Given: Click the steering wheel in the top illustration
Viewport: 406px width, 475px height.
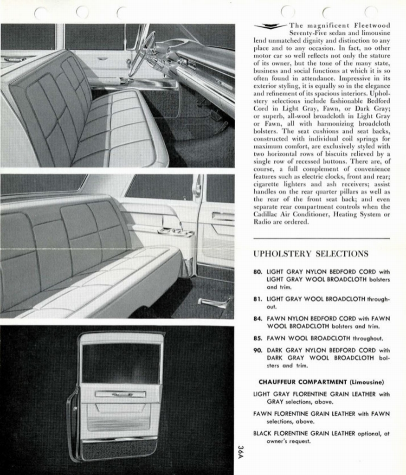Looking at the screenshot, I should (142, 53).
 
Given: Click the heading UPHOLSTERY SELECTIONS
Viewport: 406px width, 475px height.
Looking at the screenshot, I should (311, 254).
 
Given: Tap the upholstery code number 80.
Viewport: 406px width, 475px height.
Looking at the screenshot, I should (258, 271).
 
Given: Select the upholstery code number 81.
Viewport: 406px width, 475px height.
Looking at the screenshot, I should (258, 299).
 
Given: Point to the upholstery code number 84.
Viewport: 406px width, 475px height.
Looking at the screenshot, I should (258, 319).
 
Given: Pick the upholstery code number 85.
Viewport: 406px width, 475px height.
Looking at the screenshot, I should (258, 338).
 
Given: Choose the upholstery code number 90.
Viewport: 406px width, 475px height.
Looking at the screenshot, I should (258, 350).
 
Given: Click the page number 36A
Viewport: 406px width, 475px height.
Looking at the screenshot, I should (240, 452).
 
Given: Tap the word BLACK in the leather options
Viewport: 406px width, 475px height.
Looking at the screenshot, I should (263, 433).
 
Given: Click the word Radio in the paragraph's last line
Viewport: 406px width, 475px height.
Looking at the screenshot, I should (263, 221).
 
